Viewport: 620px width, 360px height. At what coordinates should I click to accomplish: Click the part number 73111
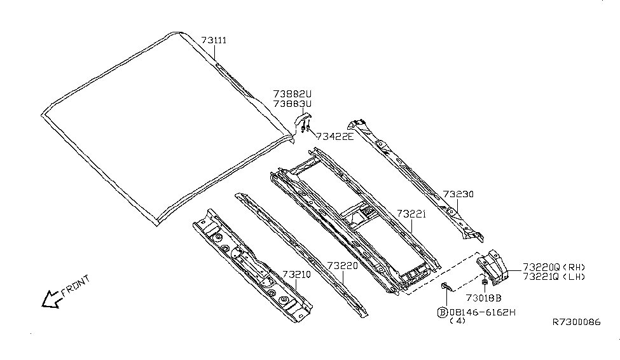point(214,40)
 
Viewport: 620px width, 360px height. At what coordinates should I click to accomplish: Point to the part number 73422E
point(334,135)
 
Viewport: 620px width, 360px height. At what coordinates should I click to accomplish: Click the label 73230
point(458,194)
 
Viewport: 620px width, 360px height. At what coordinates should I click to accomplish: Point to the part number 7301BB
point(483,298)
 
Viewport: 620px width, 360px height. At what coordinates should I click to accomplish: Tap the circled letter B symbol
point(442,312)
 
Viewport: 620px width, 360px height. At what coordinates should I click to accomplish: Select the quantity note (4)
point(457,322)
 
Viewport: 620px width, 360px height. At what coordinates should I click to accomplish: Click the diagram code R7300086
point(576,322)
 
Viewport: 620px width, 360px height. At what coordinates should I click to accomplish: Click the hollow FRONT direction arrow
point(50,298)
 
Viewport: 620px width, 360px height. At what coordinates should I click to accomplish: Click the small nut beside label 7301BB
point(485,281)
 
